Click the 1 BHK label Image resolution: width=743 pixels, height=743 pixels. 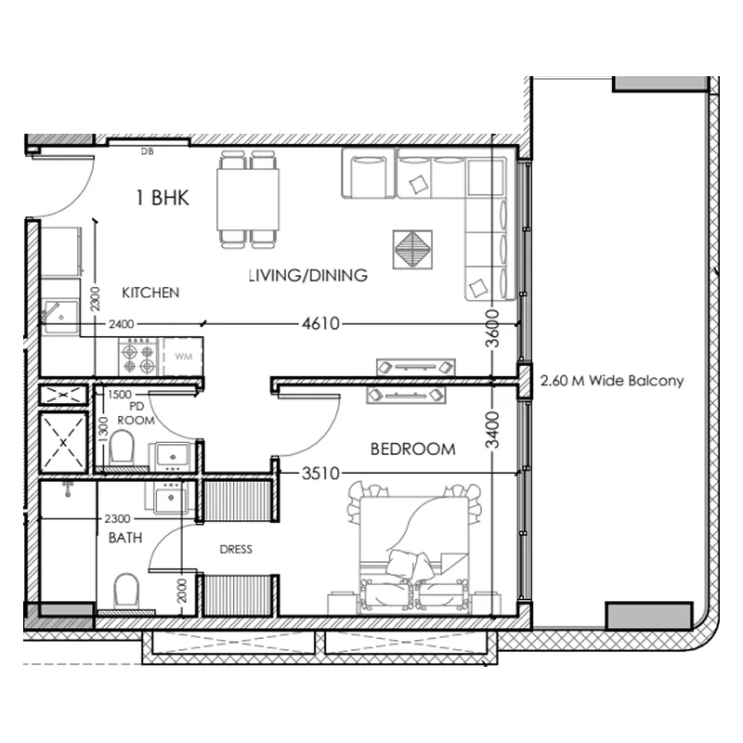click(x=163, y=198)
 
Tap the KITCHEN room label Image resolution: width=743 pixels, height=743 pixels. click(x=150, y=293)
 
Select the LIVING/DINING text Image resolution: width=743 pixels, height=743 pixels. click(x=308, y=275)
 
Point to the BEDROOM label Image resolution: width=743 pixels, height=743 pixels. click(x=413, y=450)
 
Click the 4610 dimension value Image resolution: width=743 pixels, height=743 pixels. click(x=320, y=323)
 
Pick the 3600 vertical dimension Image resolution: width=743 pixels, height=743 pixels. click(x=493, y=329)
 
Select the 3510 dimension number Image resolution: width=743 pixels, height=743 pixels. click(x=320, y=473)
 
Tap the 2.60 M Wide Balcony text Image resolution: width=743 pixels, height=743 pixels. click(x=612, y=381)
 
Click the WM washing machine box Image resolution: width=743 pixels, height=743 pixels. click(x=183, y=357)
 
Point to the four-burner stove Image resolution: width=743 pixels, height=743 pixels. click(x=137, y=357)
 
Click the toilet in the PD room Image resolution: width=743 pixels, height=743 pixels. click(x=122, y=448)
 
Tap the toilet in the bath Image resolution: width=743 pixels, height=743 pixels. click(x=126, y=591)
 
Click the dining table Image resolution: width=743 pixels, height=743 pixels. click(x=248, y=200)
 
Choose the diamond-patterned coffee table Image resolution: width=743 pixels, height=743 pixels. click(x=412, y=250)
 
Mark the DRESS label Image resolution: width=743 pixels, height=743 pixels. click(x=236, y=549)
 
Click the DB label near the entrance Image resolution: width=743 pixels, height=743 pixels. click(x=148, y=151)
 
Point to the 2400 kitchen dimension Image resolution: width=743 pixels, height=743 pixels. click(x=122, y=324)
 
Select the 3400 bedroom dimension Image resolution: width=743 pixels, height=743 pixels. click(x=493, y=430)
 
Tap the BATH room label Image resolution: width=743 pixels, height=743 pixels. click(x=125, y=538)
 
